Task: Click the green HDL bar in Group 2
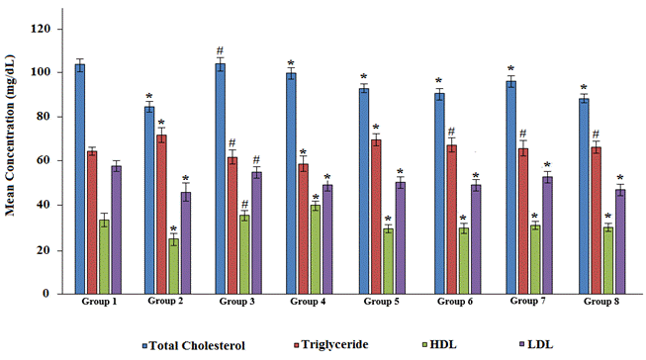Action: (x=173, y=266)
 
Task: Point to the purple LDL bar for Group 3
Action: (x=256, y=233)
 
